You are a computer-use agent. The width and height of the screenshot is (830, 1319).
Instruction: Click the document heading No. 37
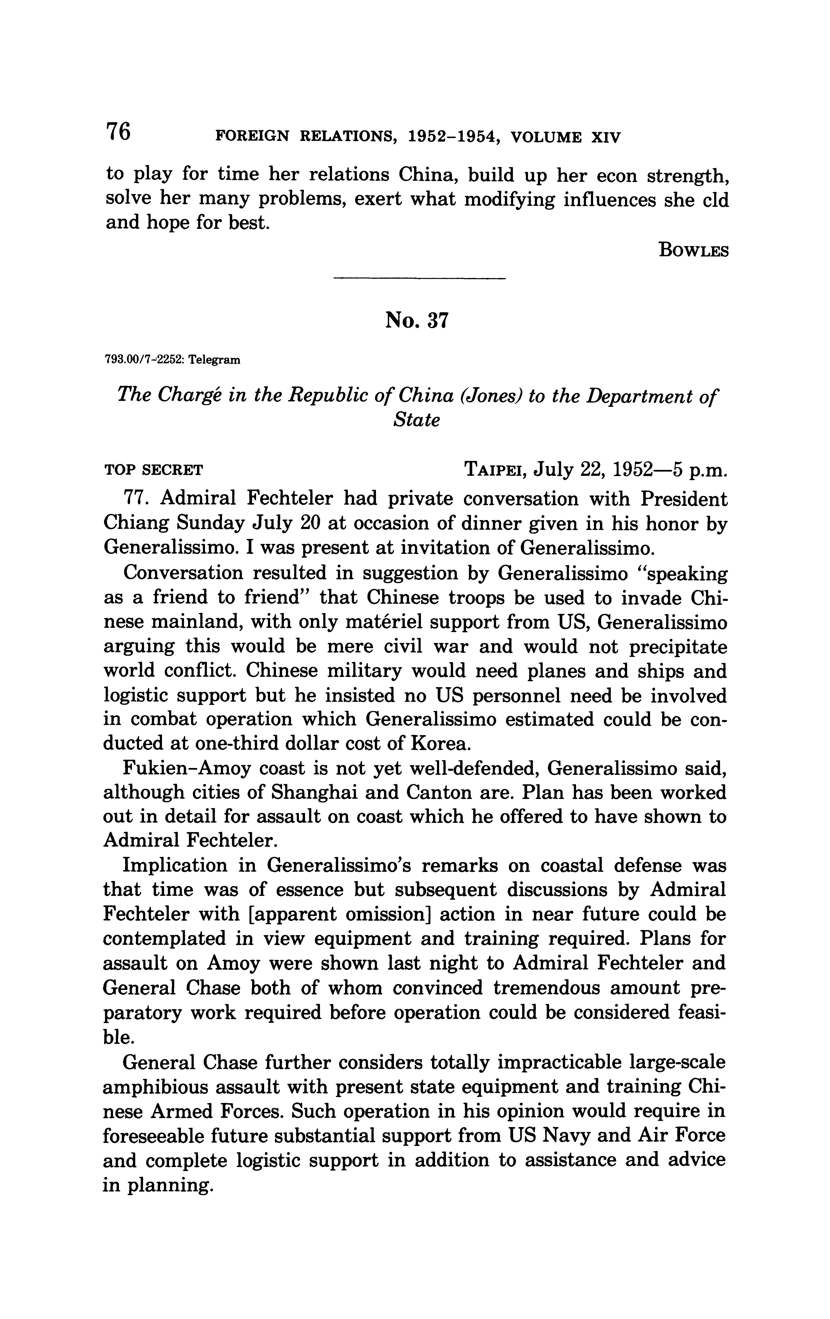(416, 320)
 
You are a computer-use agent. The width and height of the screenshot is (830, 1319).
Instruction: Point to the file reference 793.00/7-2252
(141, 360)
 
